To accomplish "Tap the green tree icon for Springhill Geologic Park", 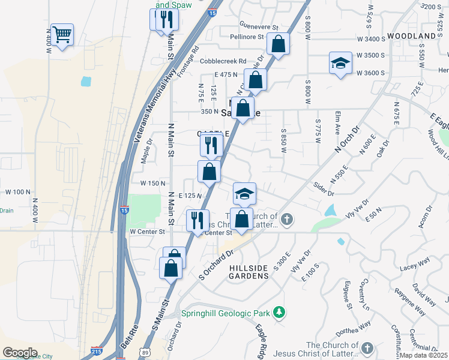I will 278,312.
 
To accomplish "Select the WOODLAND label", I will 411,37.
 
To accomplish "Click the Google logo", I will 20,353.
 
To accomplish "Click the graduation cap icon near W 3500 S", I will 340,63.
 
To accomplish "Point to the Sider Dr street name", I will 324,189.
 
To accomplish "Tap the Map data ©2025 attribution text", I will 424,355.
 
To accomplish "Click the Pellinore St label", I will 247,37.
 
